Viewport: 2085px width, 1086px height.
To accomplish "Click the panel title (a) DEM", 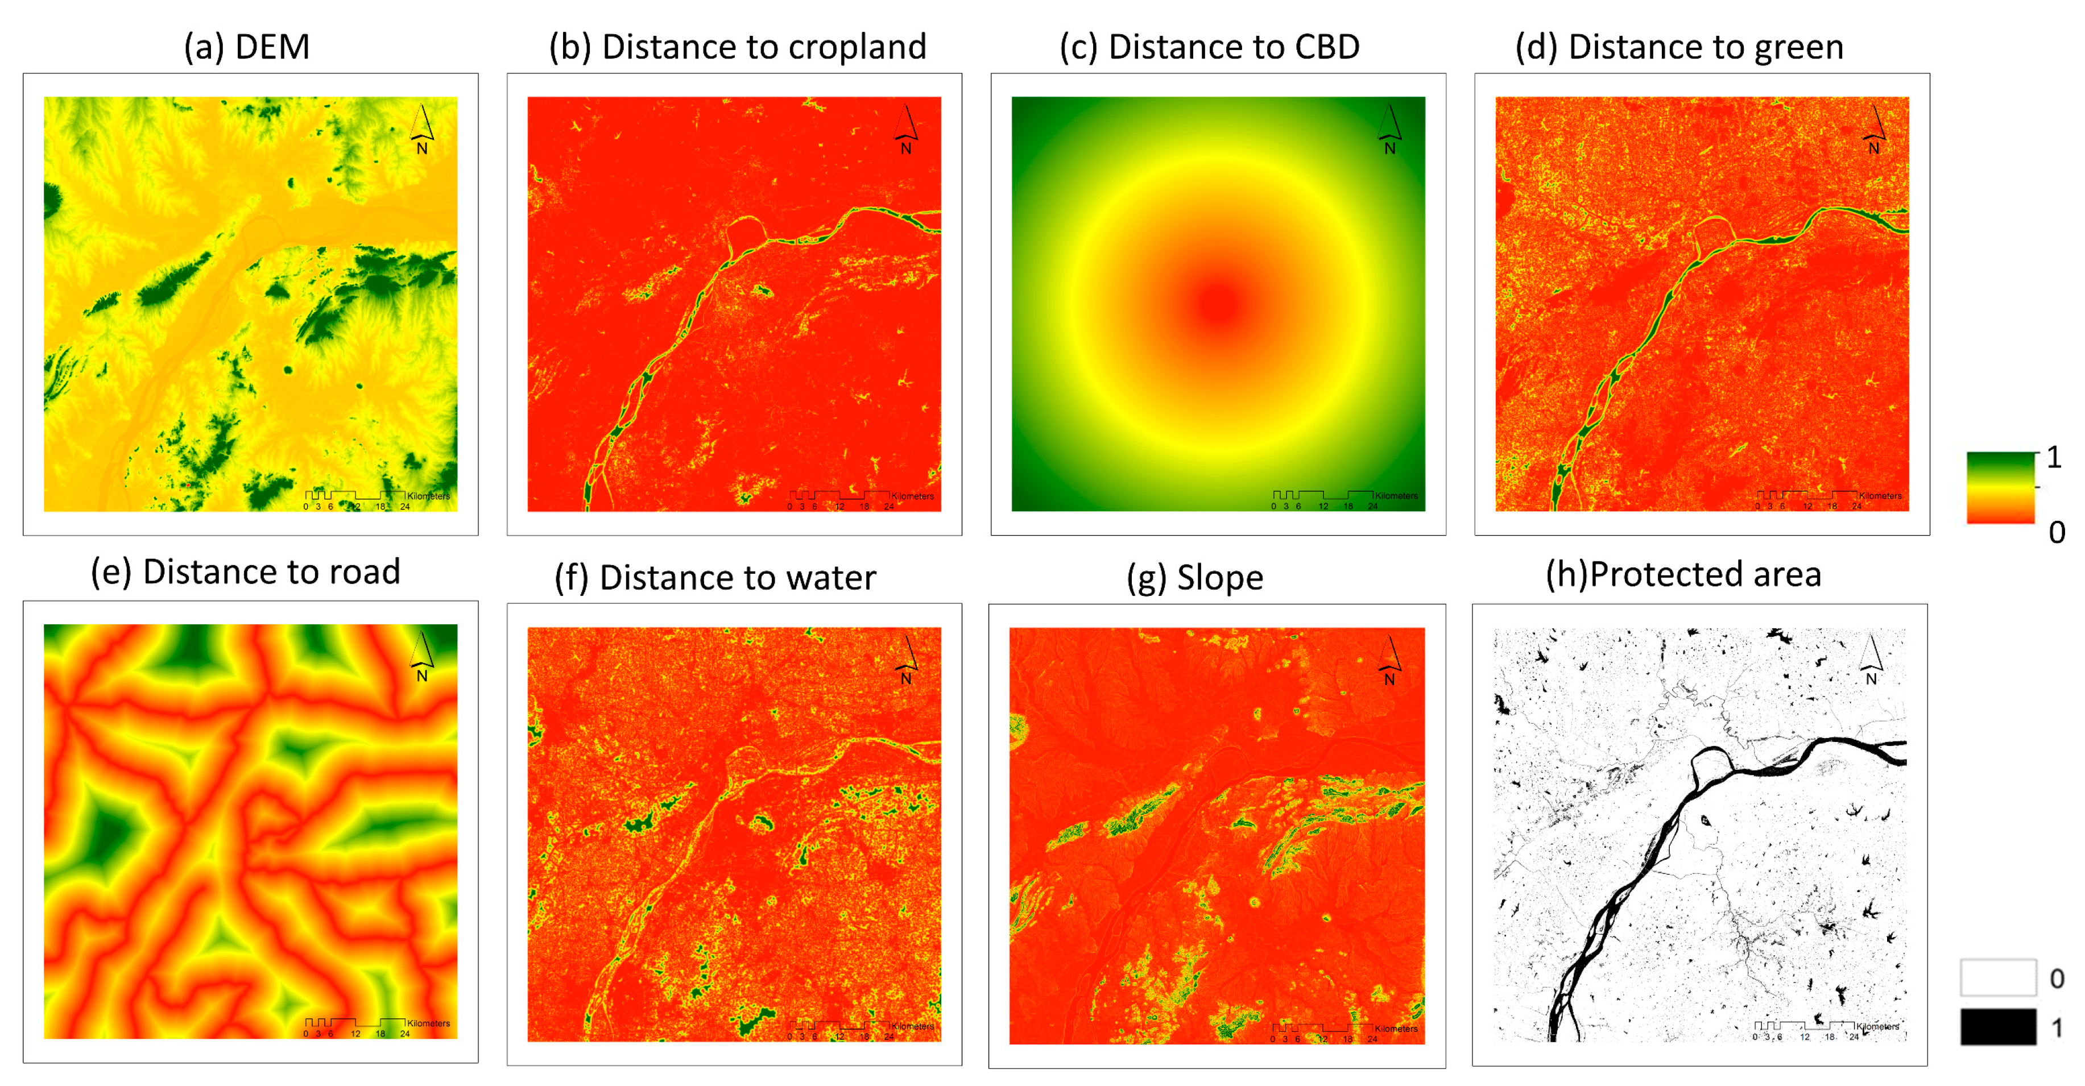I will point(247,47).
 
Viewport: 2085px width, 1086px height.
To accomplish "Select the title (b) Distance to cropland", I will point(737,47).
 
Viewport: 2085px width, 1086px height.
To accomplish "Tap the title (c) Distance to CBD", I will point(1209,47).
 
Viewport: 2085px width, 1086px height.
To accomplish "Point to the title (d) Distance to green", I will point(1679,47).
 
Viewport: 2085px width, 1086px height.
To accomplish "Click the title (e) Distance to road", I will point(245,572).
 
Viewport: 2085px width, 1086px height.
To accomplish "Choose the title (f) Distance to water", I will point(715,578).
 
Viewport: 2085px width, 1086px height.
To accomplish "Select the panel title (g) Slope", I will point(1195,578).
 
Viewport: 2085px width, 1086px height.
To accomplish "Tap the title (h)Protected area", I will point(1683,575).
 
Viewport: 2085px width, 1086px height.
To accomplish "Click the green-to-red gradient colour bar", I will point(2000,487).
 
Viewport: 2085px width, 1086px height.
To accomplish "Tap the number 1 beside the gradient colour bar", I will point(2054,458).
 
